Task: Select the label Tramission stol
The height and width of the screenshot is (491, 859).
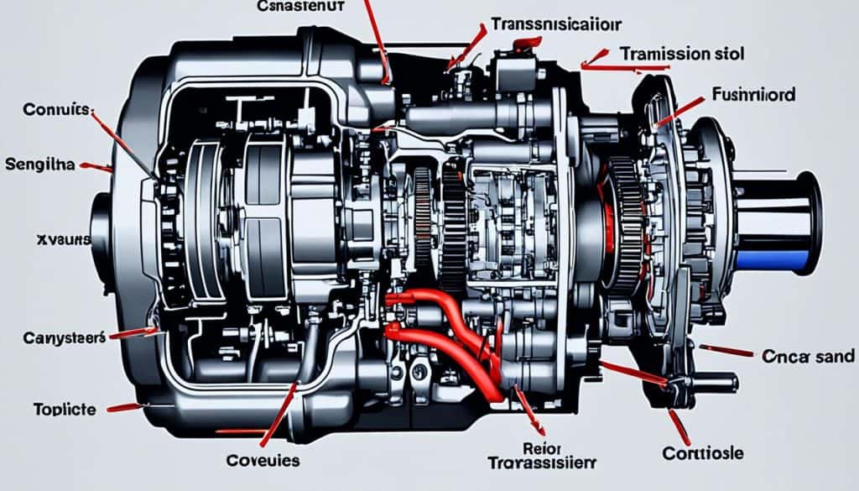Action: [680, 52]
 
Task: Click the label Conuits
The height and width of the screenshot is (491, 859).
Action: [57, 110]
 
